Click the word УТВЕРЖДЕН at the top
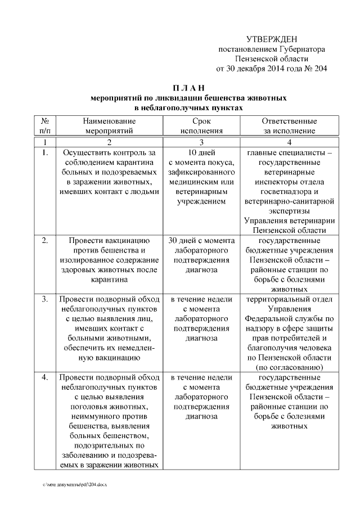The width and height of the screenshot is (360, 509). pyautogui.click(x=272, y=39)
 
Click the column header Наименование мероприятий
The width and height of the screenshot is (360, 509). pyautogui.click(x=109, y=126)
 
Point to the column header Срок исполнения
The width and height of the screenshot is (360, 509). pyautogui.click(x=201, y=126)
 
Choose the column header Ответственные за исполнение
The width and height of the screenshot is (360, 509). pyautogui.click(x=289, y=126)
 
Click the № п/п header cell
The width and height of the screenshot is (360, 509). pyautogui.click(x=44, y=126)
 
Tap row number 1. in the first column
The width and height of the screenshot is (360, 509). pyautogui.click(x=44, y=152)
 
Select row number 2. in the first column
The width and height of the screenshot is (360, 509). pyautogui.click(x=44, y=240)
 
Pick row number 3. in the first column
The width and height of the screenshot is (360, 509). pyautogui.click(x=44, y=299)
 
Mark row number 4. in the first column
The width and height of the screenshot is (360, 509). pyautogui.click(x=44, y=377)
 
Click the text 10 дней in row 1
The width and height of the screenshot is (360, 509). pyautogui.click(x=201, y=152)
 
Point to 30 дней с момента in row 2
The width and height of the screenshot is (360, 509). pyautogui.click(x=201, y=240)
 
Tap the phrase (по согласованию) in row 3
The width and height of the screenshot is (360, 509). pyautogui.click(x=289, y=367)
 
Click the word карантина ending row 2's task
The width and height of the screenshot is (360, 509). pyautogui.click(x=109, y=279)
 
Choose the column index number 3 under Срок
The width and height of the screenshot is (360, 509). pyautogui.click(x=201, y=142)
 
